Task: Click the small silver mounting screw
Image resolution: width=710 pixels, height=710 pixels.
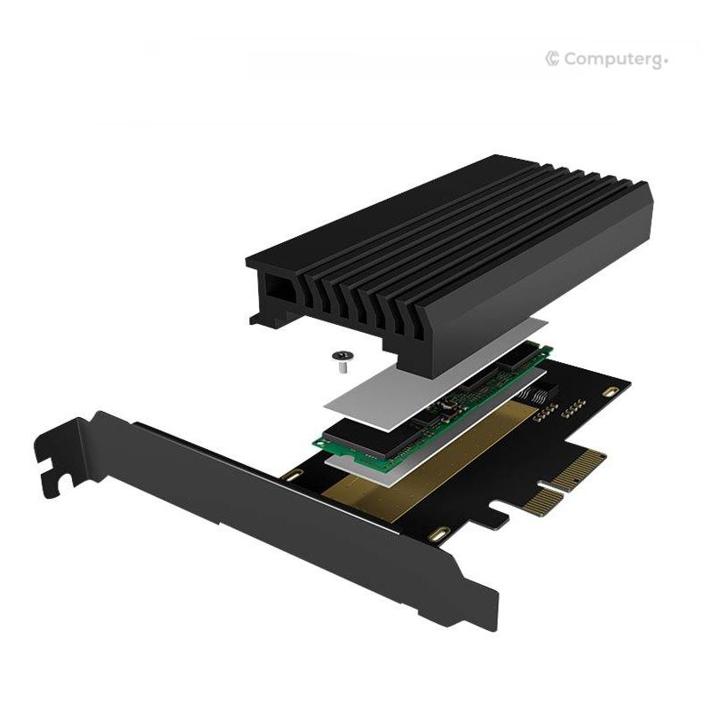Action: click(341, 357)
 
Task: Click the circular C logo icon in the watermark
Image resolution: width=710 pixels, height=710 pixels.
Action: click(552, 59)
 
